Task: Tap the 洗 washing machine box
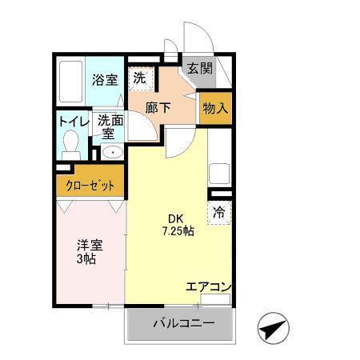(140, 78)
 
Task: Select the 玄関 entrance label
(201, 69)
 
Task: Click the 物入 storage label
(214, 108)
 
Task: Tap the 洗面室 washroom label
(110, 126)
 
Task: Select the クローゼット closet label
(90, 186)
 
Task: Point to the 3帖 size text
(87, 259)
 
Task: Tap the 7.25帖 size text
(176, 232)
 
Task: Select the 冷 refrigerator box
(218, 213)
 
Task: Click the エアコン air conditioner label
(209, 286)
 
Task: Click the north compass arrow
(274, 326)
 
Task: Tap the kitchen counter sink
(218, 174)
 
